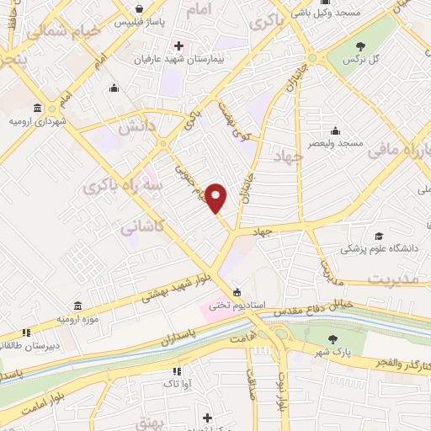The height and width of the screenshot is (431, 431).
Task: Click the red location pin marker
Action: pos(217,198)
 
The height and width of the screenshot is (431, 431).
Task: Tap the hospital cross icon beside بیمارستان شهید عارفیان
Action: pos(177,45)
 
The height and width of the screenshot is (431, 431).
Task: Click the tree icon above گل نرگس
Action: pos(361,45)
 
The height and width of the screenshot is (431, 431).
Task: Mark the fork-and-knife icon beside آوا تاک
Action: pos(176,371)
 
